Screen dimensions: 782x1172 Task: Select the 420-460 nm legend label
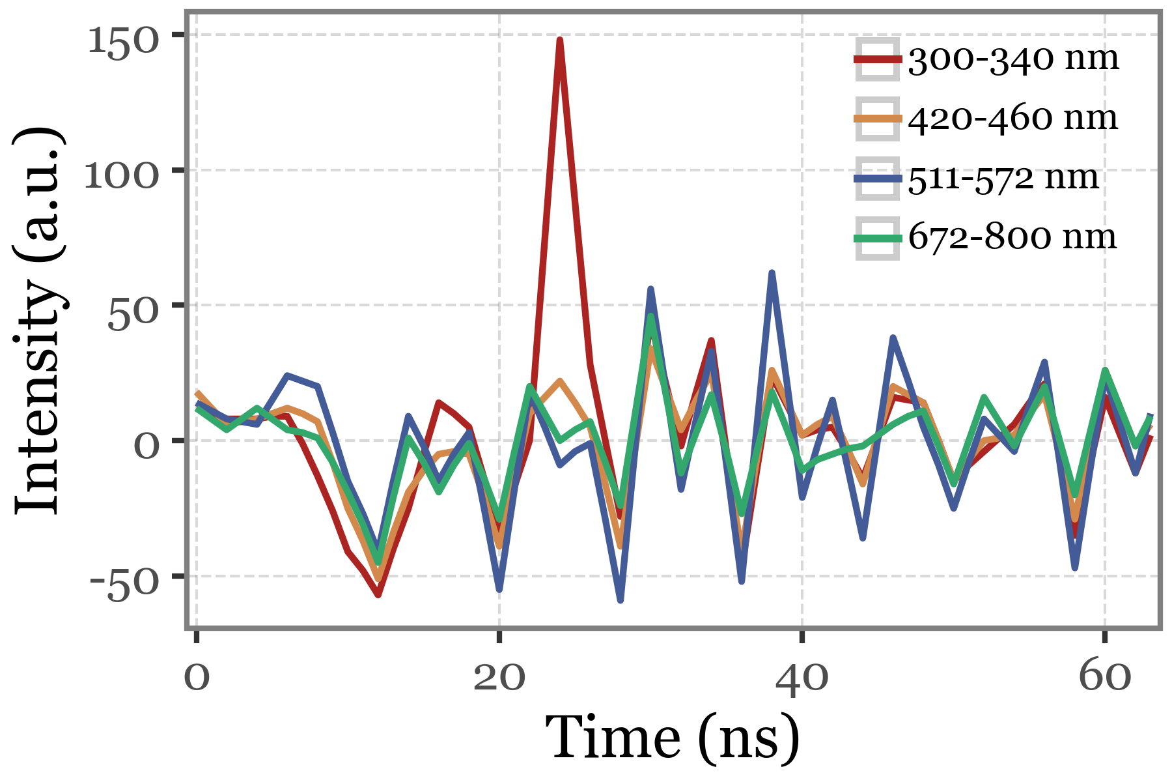(1013, 119)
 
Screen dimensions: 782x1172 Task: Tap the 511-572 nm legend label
(1003, 178)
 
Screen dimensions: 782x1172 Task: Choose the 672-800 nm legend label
(1012, 237)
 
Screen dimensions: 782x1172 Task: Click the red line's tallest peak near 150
(559, 40)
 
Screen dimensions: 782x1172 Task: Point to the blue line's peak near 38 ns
(772, 273)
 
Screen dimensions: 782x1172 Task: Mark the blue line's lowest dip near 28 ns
(621, 600)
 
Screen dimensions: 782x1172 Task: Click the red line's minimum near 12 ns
(378, 595)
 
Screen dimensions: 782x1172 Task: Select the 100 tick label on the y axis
(122, 176)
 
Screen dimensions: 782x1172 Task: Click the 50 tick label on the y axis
(133, 317)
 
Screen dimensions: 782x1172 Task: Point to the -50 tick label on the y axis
(124, 583)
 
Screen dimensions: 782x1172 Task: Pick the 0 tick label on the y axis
(146, 447)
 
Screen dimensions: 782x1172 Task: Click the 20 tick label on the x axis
(499, 678)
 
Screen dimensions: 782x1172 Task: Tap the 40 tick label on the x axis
(802, 678)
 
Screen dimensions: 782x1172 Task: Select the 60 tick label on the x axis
(1104, 678)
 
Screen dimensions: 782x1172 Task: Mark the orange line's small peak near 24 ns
(559, 381)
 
